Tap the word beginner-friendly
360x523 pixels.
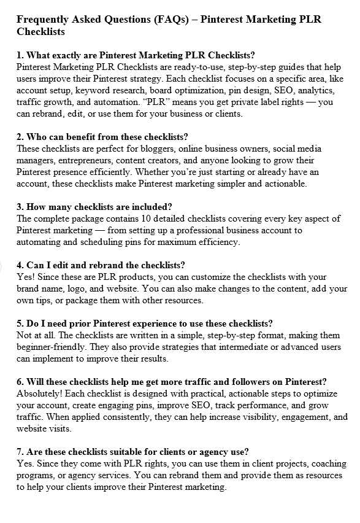(50, 347)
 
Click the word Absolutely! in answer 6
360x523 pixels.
(42, 393)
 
